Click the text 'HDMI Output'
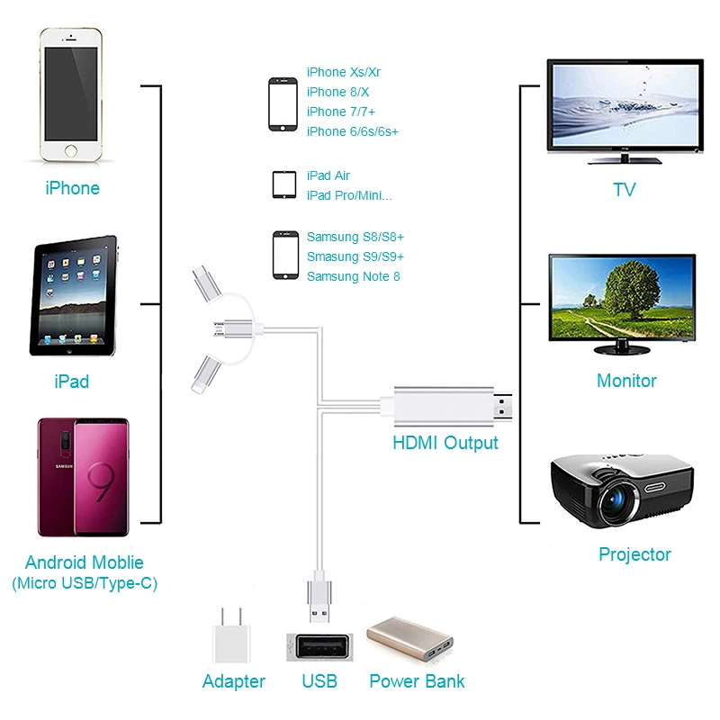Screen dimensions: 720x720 tap(445, 443)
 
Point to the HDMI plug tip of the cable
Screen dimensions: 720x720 tap(510, 409)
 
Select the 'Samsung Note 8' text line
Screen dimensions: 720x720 tap(354, 276)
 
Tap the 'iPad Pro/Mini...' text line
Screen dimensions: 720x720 tap(349, 195)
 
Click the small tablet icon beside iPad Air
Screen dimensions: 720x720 tap(284, 185)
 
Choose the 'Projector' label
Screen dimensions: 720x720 tap(634, 554)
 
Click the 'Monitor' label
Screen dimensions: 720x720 tap(626, 381)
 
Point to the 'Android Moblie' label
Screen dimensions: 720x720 tap(85, 563)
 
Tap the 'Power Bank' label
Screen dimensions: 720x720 tap(417, 681)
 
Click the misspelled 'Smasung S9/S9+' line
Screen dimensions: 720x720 tap(355, 256)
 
